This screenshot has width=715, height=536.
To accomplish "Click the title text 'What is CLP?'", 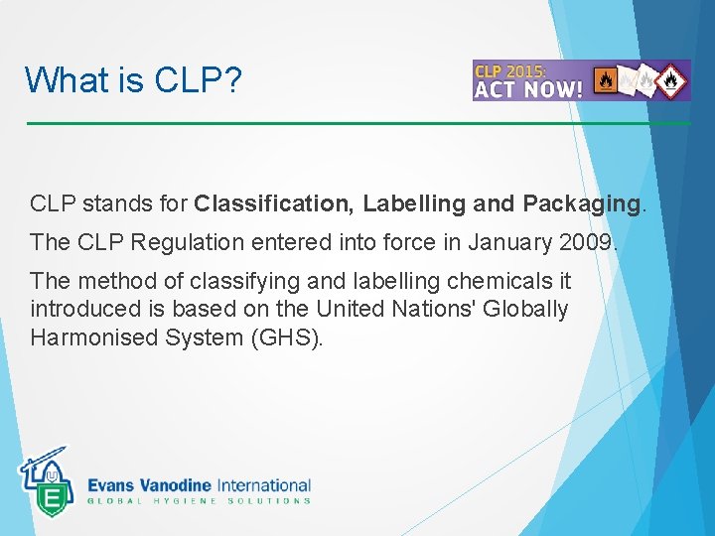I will click(133, 79).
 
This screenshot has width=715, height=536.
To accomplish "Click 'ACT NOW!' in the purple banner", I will click(528, 88).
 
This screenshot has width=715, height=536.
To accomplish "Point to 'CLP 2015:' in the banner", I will click(515, 70).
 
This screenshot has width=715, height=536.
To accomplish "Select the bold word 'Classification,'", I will click(275, 204).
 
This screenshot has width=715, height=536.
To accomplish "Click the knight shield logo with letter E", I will click(45, 483).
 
